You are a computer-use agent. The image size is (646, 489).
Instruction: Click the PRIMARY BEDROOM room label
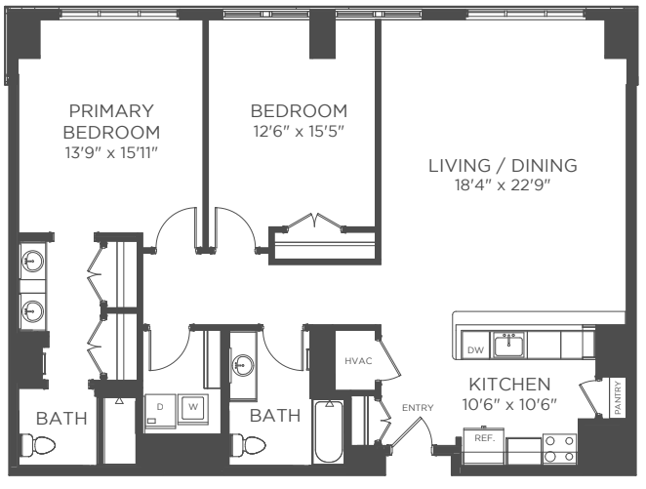[111, 122]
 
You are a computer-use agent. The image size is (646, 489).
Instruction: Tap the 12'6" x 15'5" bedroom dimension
[299, 132]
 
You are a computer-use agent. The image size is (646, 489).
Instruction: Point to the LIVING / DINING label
[503, 166]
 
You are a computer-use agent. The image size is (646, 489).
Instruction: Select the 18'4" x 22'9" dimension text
[503, 185]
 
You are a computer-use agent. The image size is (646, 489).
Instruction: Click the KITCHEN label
[509, 385]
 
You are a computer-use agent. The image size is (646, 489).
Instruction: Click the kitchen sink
[508, 345]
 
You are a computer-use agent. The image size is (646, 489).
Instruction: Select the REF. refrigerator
[484, 446]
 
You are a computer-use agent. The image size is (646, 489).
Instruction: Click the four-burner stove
[559, 449]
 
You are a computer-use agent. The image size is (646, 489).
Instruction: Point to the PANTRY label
[617, 398]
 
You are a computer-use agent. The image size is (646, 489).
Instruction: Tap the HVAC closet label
[358, 361]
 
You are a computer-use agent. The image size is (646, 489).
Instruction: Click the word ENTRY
[418, 408]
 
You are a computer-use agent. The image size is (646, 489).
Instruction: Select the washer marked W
[193, 407]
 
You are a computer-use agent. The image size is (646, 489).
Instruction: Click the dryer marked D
[160, 409]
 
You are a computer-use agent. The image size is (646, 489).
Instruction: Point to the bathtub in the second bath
[328, 431]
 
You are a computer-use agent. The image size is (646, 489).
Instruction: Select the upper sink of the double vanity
[32, 262]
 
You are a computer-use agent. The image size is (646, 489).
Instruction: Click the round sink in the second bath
[243, 365]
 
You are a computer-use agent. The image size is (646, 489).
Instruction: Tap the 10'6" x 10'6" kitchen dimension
[509, 404]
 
